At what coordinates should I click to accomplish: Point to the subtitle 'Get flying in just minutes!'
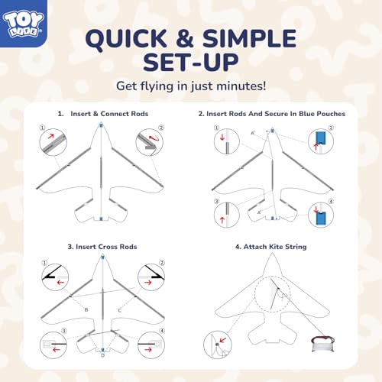tap(191, 86)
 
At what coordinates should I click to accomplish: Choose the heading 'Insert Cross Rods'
tap(101, 246)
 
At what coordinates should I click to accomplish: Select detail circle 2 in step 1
tap(148, 141)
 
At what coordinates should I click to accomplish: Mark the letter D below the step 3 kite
tap(102, 355)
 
